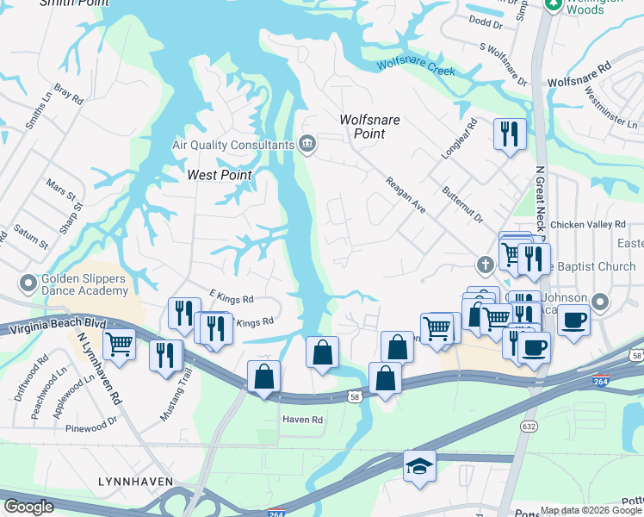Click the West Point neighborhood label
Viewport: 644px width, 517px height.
(x=220, y=175)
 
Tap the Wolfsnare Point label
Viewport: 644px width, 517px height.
(x=369, y=127)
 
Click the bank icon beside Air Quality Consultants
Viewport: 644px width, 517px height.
(x=307, y=145)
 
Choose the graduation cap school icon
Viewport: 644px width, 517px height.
(x=419, y=466)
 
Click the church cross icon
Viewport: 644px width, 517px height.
(x=486, y=264)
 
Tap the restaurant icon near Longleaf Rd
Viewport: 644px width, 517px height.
(x=509, y=134)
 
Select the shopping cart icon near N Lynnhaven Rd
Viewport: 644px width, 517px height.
(x=119, y=344)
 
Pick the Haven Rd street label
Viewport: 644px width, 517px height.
(x=302, y=420)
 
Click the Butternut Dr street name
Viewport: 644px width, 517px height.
(x=462, y=205)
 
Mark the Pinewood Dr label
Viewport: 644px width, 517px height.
(x=95, y=422)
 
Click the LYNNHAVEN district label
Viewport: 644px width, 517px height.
(x=135, y=481)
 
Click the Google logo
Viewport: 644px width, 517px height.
(x=29, y=506)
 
